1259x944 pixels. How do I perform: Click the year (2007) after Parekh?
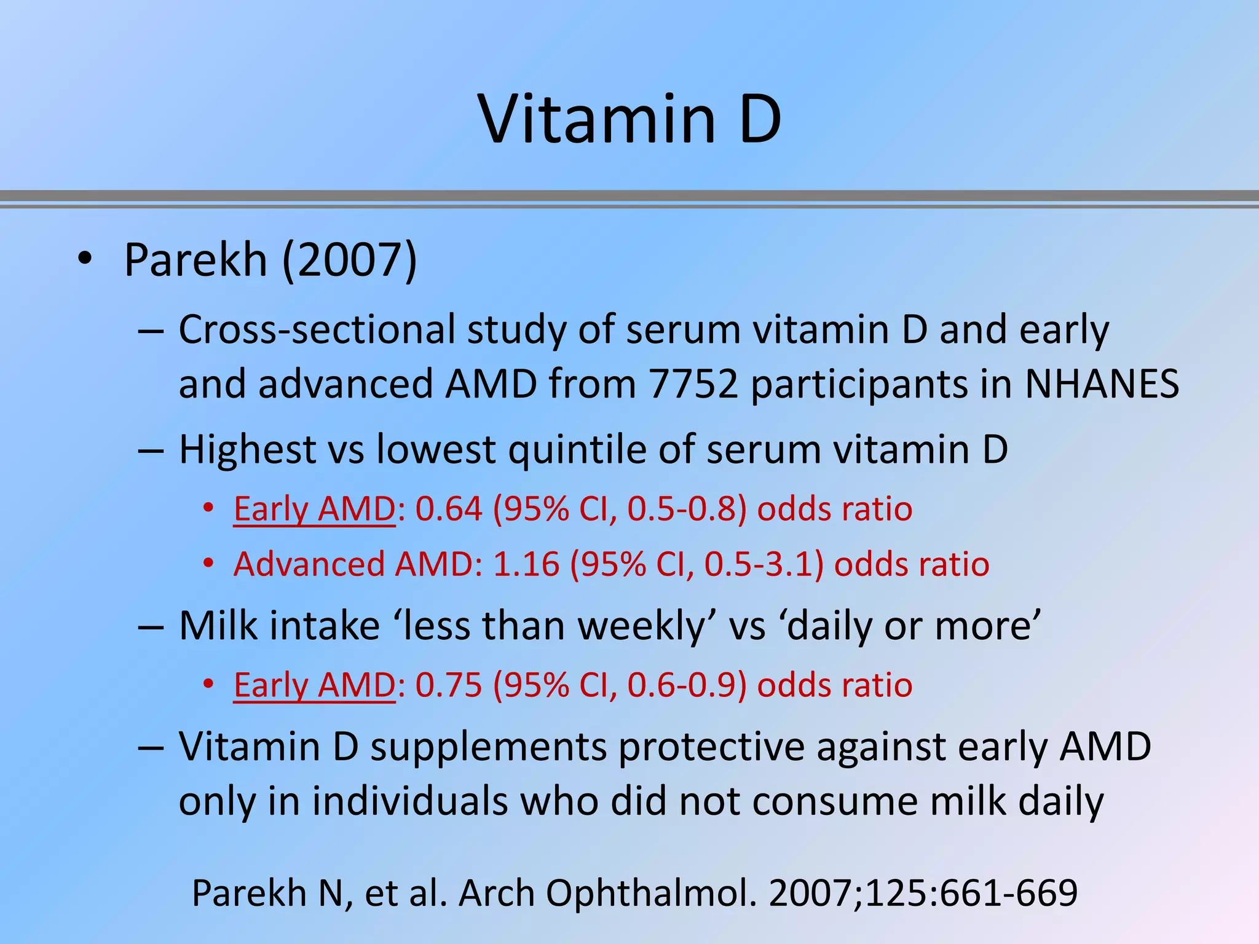349,260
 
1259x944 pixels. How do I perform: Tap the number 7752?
693,384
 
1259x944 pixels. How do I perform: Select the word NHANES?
1102,384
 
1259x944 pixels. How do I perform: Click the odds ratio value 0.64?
449,509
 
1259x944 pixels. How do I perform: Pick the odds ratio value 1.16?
526,564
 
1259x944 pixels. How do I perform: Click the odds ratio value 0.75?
449,685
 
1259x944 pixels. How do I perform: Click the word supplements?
488,747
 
